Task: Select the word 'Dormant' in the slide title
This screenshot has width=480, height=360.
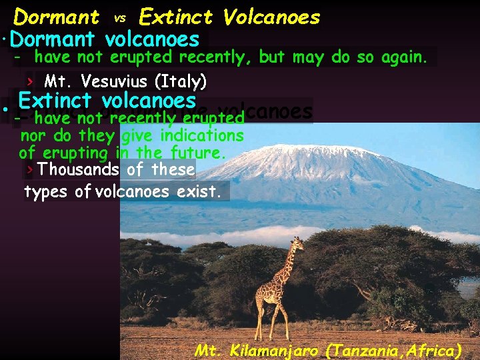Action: pyautogui.click(x=57, y=17)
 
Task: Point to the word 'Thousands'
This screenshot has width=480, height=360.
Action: pyautogui.click(x=79, y=169)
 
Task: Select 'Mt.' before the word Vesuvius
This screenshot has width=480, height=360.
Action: pyautogui.click(x=53, y=82)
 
